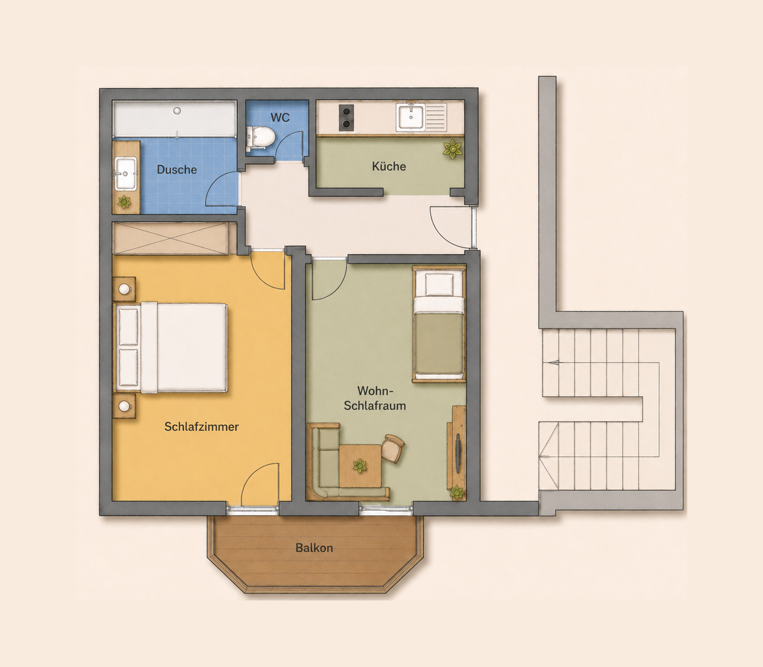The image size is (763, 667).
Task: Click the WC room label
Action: (280, 117)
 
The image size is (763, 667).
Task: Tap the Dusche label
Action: (177, 169)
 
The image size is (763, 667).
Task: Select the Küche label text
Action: (389, 166)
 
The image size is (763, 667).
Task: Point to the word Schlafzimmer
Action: (201, 426)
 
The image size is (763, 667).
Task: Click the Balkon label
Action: (314, 548)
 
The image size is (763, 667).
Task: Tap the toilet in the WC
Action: (261, 137)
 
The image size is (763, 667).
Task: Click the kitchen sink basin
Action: (410, 117)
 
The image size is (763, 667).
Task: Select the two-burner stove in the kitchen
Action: (346, 117)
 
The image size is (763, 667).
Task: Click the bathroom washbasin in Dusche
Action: (126, 173)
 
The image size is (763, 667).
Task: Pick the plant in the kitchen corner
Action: (452, 149)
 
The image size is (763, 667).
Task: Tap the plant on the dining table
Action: (360, 466)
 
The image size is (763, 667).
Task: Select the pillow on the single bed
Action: (439, 285)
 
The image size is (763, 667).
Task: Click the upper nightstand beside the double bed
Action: (124, 289)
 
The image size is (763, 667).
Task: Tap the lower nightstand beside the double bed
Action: (124, 406)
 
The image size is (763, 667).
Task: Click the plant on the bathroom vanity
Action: (124, 202)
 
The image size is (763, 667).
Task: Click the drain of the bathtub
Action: (177, 111)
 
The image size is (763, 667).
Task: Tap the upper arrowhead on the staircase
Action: (554, 362)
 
